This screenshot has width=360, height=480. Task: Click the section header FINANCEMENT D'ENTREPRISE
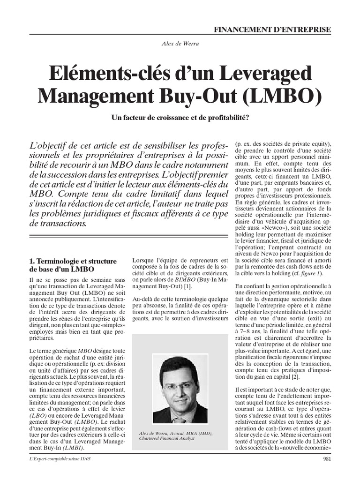[x=272, y=29]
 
